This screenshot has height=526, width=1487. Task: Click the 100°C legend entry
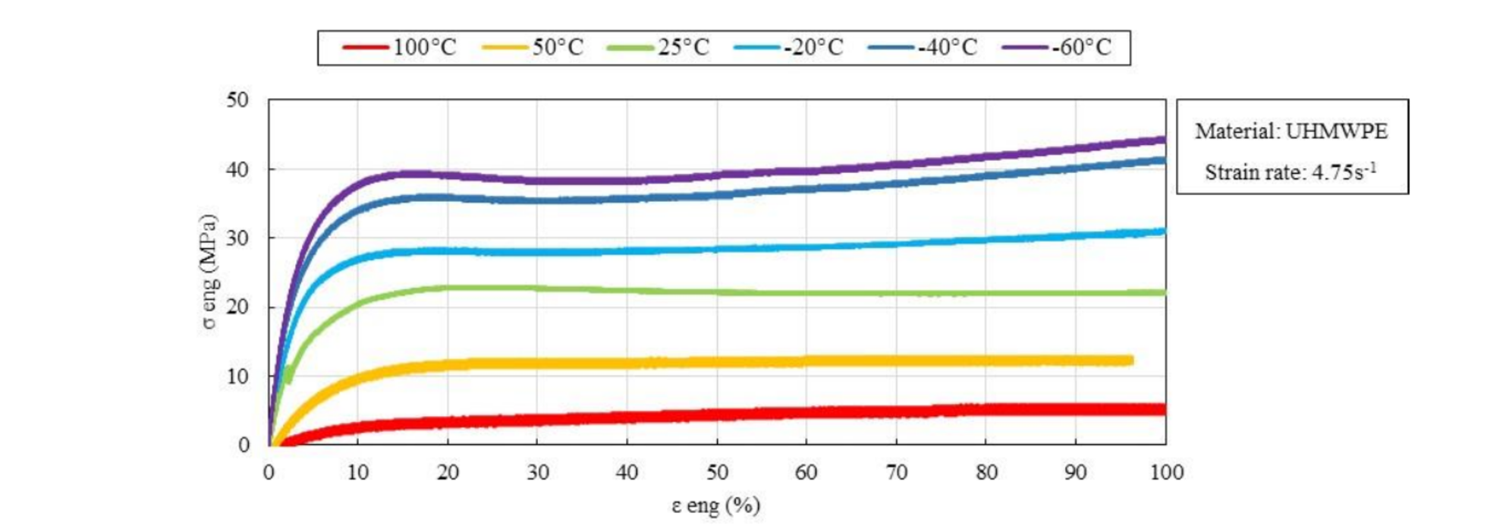[x=400, y=48]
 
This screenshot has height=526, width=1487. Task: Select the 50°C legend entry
[x=533, y=48]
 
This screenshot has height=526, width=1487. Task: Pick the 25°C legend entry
[x=659, y=48]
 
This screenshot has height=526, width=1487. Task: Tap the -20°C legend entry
[x=789, y=48]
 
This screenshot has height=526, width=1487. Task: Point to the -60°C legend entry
[x=1057, y=48]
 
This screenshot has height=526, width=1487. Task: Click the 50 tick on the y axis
[x=237, y=100]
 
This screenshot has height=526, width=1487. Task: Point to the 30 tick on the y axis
[x=237, y=238]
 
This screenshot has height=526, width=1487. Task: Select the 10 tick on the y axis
[x=237, y=376]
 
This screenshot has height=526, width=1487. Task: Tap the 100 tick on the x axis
[x=1166, y=473]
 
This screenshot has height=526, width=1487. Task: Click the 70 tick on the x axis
[x=897, y=473]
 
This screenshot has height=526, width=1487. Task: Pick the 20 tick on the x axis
[x=448, y=473]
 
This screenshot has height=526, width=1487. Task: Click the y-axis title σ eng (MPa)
[x=209, y=272]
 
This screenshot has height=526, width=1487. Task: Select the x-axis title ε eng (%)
[x=715, y=506]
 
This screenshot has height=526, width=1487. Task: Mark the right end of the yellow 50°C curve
[x=1131, y=361]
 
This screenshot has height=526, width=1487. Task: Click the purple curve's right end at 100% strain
[x=1164, y=140]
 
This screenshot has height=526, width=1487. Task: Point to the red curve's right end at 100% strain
[x=1164, y=410]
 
